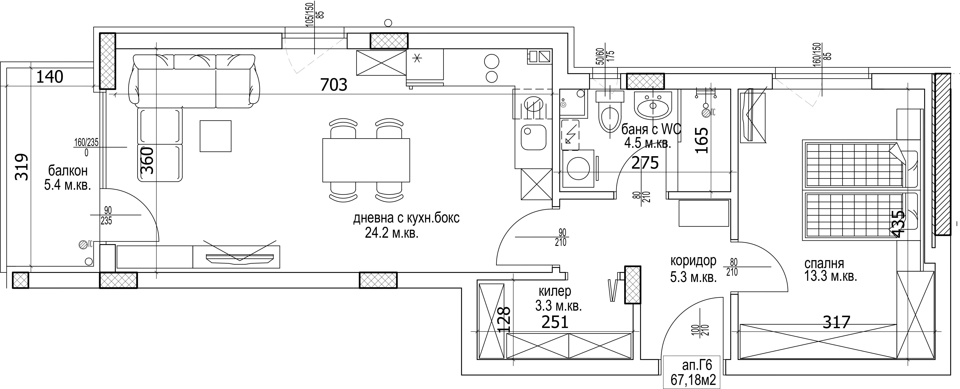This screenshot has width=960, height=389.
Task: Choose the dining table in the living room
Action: click(x=366, y=160)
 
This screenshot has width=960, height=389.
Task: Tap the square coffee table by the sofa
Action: click(x=215, y=136)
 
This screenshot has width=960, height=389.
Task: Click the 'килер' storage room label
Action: click(x=554, y=291)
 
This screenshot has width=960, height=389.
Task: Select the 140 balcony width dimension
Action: click(x=50, y=77)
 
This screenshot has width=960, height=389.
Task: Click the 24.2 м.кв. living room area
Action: click(x=392, y=233)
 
